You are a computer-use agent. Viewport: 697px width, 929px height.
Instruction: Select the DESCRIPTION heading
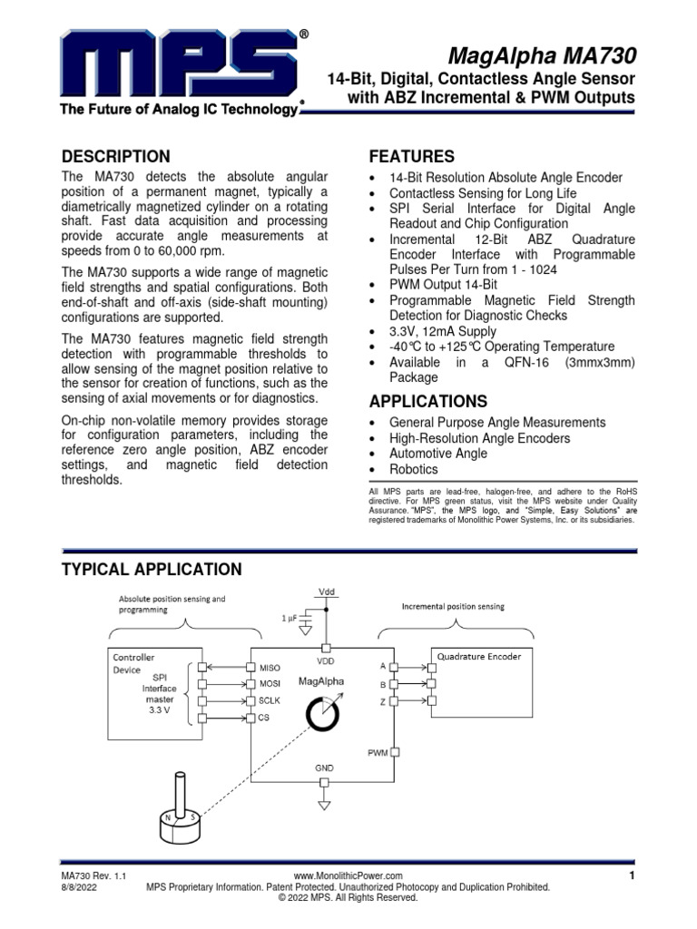click(x=114, y=156)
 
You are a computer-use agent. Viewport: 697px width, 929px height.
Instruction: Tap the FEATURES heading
click(x=409, y=156)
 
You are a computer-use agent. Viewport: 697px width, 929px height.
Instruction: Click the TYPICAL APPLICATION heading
click(x=151, y=570)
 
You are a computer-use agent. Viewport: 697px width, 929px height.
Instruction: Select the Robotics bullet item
click(x=413, y=469)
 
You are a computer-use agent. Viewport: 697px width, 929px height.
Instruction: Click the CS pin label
click(x=264, y=719)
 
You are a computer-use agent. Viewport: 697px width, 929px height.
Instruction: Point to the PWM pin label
click(x=378, y=752)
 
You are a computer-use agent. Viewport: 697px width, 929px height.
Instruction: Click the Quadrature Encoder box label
click(x=479, y=656)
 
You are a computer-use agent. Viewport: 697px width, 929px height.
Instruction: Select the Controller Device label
click(x=133, y=662)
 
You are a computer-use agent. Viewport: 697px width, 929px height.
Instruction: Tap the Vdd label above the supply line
click(x=325, y=591)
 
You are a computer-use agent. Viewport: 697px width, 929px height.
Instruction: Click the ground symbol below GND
click(x=324, y=804)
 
